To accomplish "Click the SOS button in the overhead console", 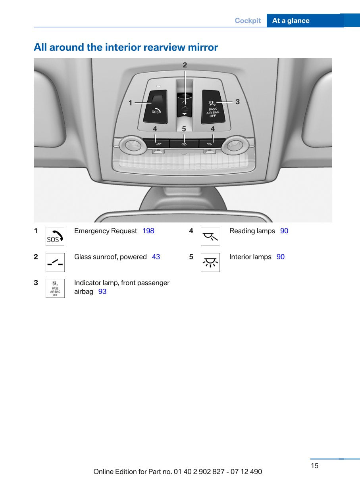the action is [155, 107].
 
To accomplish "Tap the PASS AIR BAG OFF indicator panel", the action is [213, 107].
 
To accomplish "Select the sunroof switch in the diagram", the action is [185, 105].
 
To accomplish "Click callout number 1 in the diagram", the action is [131, 103].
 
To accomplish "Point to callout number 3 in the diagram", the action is [237, 102].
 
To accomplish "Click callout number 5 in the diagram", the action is [184, 129].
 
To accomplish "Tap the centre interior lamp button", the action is [184, 144].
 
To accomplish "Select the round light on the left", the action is [133, 145].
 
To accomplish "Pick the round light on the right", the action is [235, 145].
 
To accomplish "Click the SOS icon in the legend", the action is [55, 236].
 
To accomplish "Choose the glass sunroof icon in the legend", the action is [55, 262].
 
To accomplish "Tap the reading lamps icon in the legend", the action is [210, 236].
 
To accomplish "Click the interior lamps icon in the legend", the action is [210, 262].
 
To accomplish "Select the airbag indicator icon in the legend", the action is [55, 288].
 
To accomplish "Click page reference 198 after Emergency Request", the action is [148, 231].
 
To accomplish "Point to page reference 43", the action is [156, 257].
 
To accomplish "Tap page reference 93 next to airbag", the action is [102, 291].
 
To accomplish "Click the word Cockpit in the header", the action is [248, 21].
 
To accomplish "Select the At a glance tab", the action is [305, 21].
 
